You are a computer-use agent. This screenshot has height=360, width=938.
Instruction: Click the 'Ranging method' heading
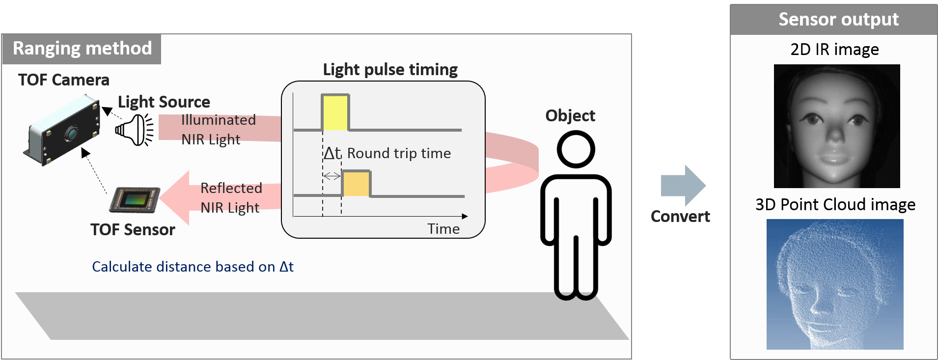[x=82, y=49]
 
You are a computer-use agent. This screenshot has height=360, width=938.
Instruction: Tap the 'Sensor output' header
[x=838, y=20]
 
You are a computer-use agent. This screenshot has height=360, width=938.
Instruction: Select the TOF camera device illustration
[x=62, y=130]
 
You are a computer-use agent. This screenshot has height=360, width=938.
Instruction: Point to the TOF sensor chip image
[x=135, y=199]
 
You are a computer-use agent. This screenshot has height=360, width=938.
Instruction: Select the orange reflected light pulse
[x=356, y=184]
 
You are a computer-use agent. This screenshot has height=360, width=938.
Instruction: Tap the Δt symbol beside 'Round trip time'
[x=331, y=154]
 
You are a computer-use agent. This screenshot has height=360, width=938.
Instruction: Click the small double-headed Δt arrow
[x=332, y=176]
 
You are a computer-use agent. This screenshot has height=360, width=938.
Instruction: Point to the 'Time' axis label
[x=443, y=229]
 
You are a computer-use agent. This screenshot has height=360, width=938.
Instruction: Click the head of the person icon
[x=576, y=149]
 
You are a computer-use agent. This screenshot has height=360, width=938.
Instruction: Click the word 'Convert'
[x=680, y=217]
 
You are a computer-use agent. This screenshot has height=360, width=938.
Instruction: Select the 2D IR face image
[x=837, y=126]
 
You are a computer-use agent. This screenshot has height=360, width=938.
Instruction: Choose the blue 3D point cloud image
[x=835, y=284]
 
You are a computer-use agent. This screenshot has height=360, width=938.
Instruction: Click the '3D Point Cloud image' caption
[x=835, y=205]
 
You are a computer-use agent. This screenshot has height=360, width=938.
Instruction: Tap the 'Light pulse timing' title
[x=390, y=70]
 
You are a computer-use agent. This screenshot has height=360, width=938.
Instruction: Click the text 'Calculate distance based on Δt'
[x=193, y=267]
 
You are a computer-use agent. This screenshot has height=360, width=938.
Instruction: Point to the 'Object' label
[x=570, y=116]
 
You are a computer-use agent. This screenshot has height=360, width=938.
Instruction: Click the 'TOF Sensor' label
[x=133, y=230]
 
